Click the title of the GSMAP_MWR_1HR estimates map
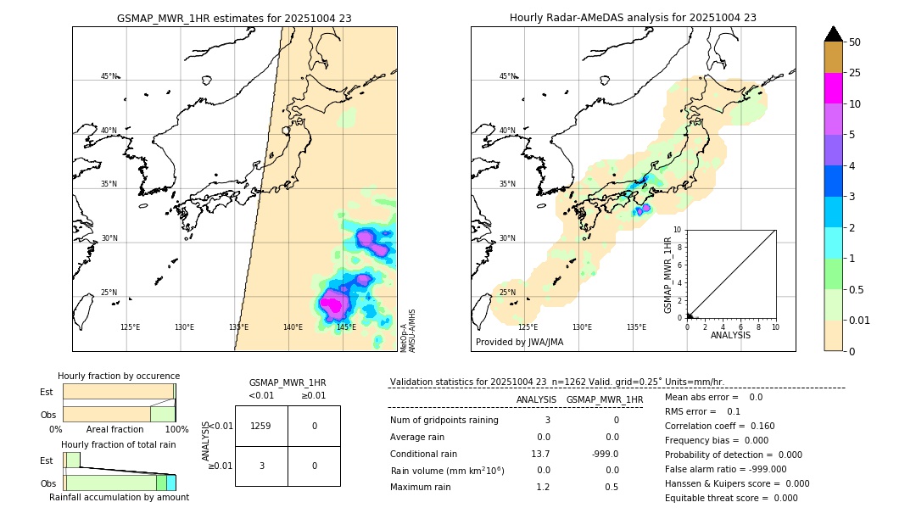tap(234, 18)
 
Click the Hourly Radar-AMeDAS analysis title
tap(633, 18)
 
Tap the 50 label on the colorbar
tap(855, 42)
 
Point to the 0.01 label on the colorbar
tap(860, 320)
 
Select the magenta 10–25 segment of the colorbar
tap(833, 88)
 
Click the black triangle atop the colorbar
tap(833, 34)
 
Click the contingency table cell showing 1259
tap(260, 426)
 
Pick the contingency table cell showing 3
tap(260, 466)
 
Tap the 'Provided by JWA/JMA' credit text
tap(519, 342)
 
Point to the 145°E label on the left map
tap(346, 327)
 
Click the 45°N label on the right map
tap(507, 76)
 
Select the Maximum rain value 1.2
tap(543, 487)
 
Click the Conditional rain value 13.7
tap(540, 454)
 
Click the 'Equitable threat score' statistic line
tap(731, 498)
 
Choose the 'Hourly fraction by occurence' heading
tap(119, 376)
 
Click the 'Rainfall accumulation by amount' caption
tap(119, 497)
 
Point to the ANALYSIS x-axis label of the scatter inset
tap(730, 335)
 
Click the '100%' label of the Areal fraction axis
tap(176, 429)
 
